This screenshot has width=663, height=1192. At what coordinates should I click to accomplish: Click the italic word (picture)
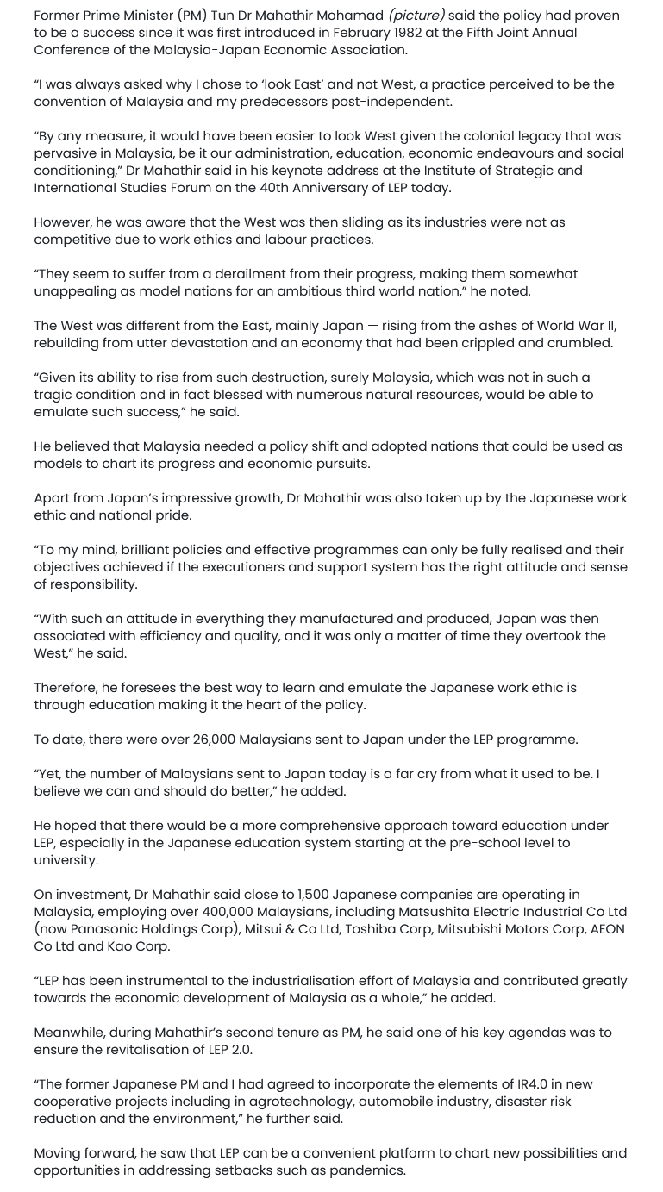[x=416, y=16]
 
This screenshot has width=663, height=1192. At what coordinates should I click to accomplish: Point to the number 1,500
[x=317, y=895]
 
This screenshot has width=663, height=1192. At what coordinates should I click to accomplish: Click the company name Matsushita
[x=436, y=912]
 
